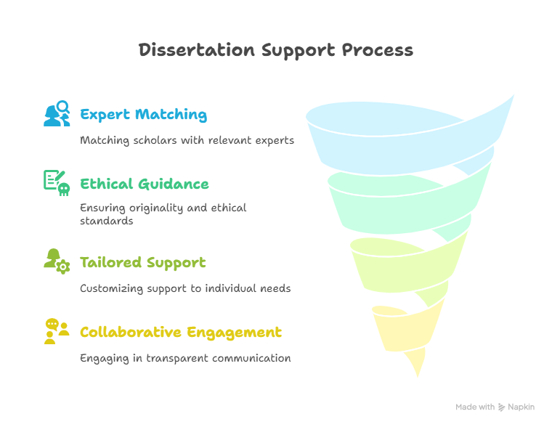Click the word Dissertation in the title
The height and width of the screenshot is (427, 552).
[196, 50]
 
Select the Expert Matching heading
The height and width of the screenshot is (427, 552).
[144, 115]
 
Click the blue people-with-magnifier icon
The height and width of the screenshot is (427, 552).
[57, 113]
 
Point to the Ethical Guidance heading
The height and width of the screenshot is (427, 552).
[145, 184]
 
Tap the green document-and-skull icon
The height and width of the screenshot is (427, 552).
[57, 183]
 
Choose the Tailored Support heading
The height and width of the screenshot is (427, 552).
[143, 263]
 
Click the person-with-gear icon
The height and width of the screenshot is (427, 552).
[57, 261]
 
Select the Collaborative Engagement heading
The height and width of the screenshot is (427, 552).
[181, 333]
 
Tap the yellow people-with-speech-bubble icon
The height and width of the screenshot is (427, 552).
[57, 331]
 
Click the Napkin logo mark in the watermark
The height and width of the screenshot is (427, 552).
[501, 407]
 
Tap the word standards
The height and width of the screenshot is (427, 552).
[106, 221]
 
